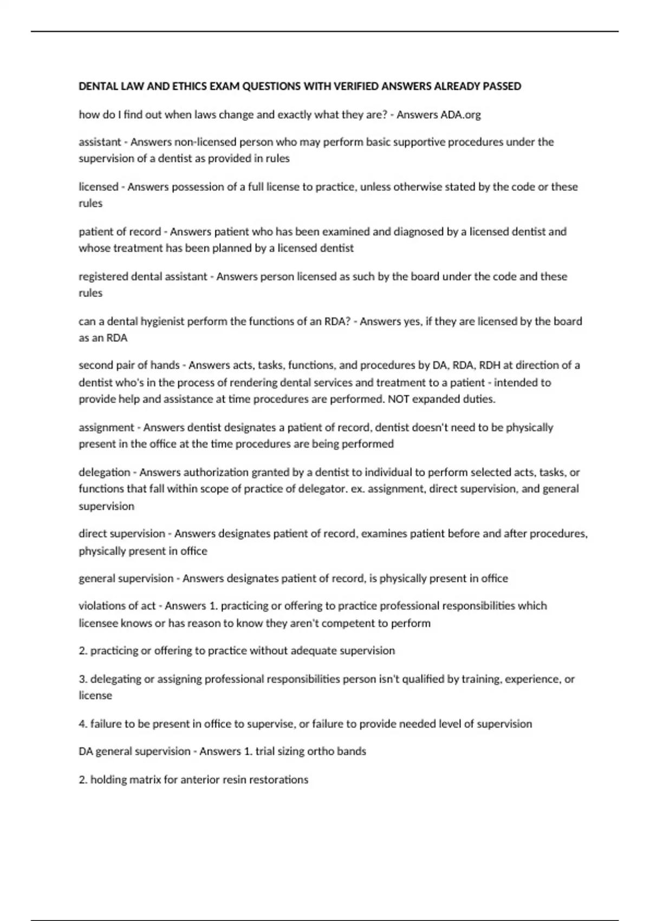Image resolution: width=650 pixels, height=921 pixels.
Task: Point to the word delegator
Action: pos(319,489)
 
